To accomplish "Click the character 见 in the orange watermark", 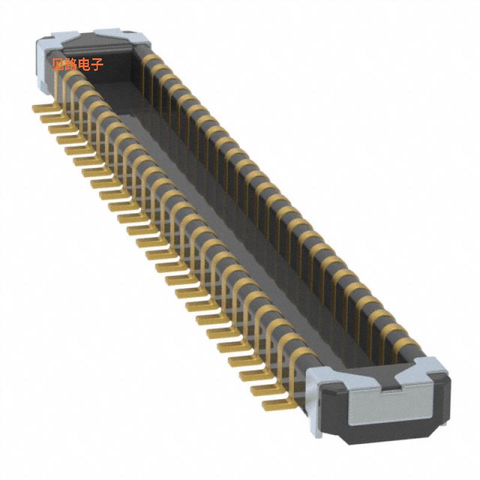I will [58, 64].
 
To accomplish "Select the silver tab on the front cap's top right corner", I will [431, 367].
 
